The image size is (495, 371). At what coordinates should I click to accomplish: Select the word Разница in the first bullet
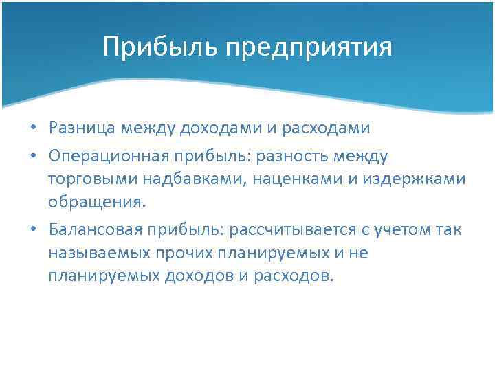click(81, 128)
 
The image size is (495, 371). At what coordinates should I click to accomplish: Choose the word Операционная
click(105, 157)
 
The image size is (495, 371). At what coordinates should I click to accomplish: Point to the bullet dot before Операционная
click(33, 157)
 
